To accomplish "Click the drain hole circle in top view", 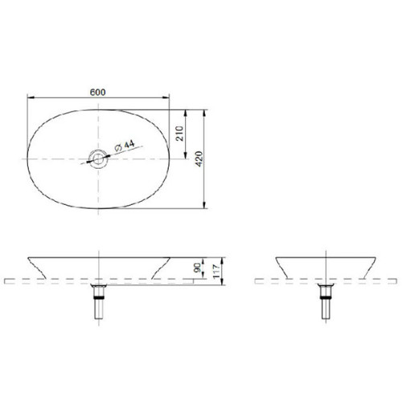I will [x=98, y=158].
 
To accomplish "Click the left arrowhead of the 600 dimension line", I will [x=29, y=98].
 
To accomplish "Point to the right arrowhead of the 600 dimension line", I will [x=169, y=98].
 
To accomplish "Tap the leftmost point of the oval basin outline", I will [x=27, y=158].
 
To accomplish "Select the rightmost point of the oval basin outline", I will [x=171, y=158].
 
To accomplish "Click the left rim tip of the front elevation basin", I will [x=28, y=258].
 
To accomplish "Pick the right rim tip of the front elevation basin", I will [x=170, y=258].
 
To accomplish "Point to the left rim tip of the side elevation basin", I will [x=275, y=258].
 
